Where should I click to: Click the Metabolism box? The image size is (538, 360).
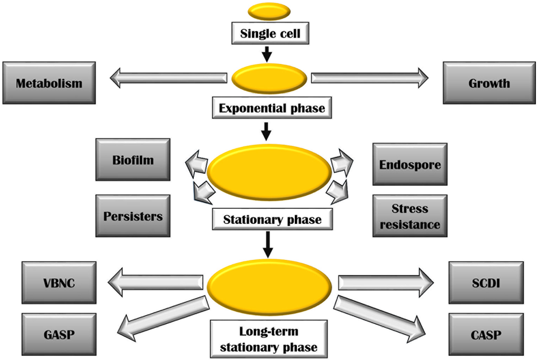click(49, 83)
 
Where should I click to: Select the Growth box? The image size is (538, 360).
click(489, 83)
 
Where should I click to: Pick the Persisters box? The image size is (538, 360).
click(133, 216)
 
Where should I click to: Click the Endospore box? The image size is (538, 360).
click(410, 164)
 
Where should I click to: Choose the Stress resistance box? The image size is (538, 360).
click(410, 216)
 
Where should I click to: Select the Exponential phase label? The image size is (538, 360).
click(272, 108)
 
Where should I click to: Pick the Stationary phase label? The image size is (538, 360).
click(272, 219)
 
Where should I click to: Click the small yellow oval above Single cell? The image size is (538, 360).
click(269, 10)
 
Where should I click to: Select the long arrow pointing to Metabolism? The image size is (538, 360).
click(168, 79)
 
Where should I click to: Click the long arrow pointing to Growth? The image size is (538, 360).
click(370, 79)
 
